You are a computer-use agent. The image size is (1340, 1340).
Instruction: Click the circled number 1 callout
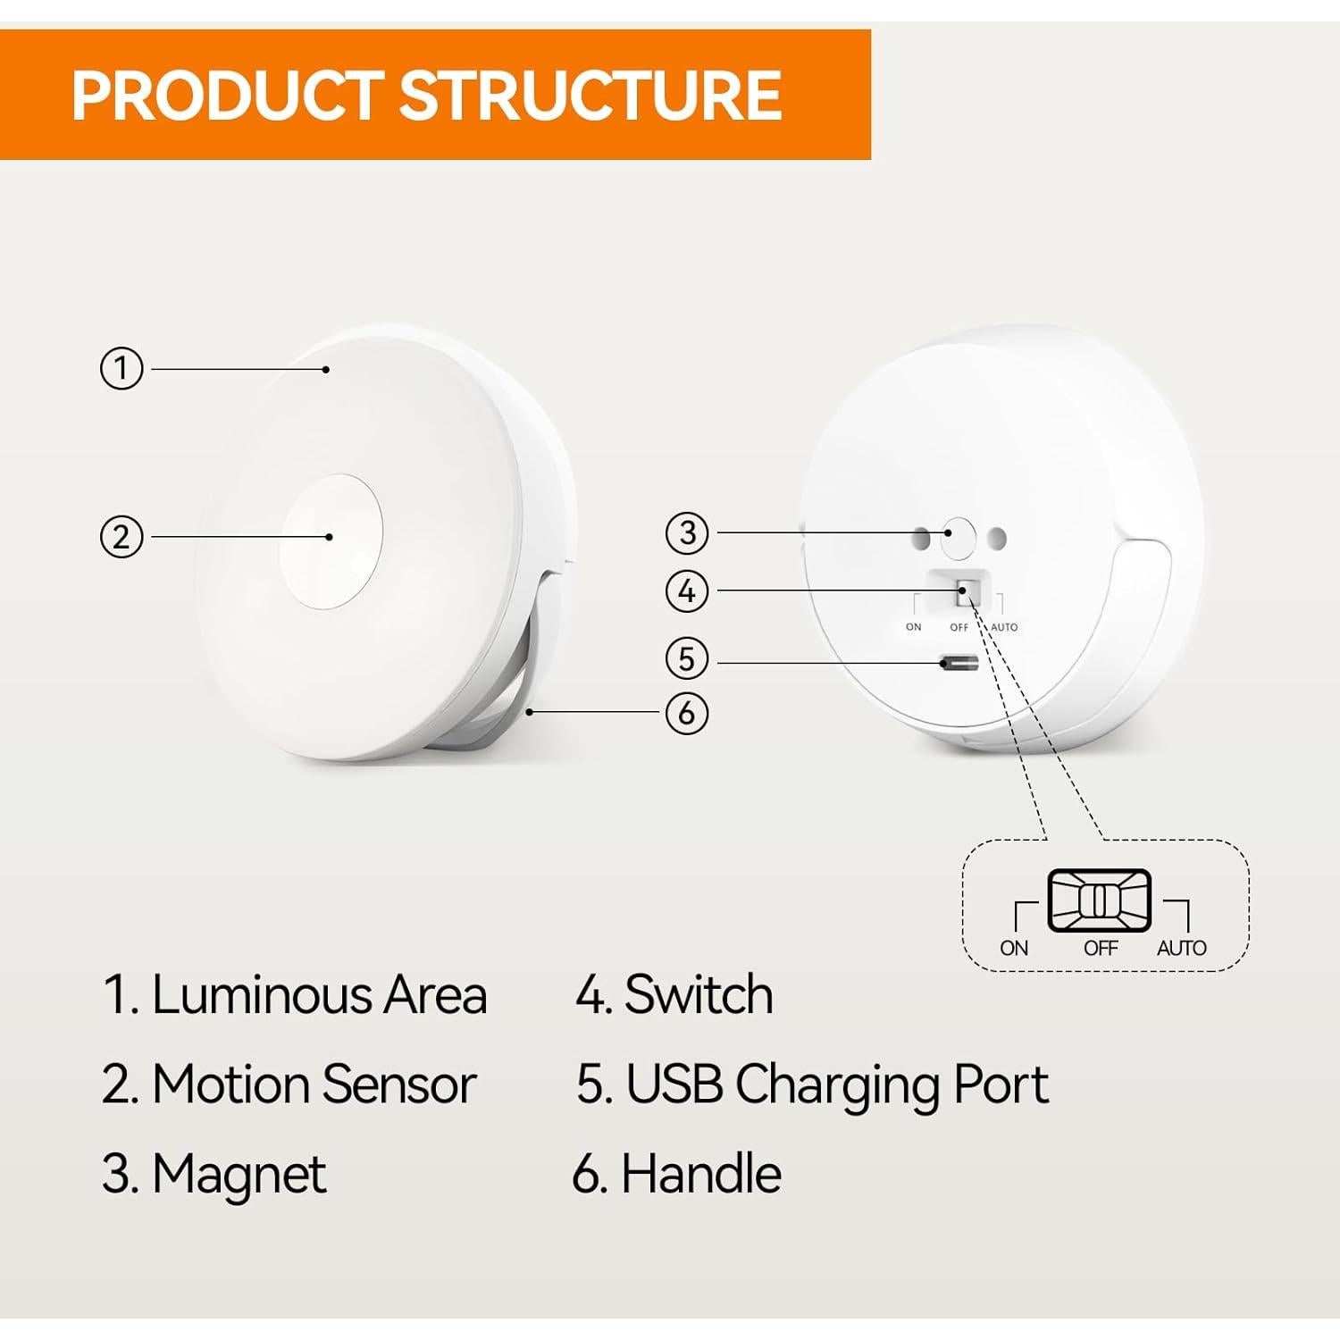point(121,368)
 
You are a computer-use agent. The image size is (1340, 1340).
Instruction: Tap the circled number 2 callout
point(121,537)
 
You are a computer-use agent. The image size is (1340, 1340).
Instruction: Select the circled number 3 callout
point(687,532)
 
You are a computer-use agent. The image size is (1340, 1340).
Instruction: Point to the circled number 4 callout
point(687,590)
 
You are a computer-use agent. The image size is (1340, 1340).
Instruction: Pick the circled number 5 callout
point(687,658)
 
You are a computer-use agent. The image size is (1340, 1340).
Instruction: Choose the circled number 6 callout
point(687,713)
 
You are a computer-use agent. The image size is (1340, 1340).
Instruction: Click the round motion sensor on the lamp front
point(331,540)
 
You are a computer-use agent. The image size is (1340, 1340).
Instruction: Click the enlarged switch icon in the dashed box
point(1099,900)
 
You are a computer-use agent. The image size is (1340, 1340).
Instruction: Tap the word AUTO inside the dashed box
point(1181,948)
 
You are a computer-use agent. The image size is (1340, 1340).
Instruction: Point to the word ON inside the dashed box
point(1014,948)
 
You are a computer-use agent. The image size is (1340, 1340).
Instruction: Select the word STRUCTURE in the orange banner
point(590,96)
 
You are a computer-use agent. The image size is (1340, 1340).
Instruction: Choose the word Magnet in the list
point(239,1174)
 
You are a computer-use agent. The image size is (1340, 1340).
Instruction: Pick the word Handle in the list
point(700,1174)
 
